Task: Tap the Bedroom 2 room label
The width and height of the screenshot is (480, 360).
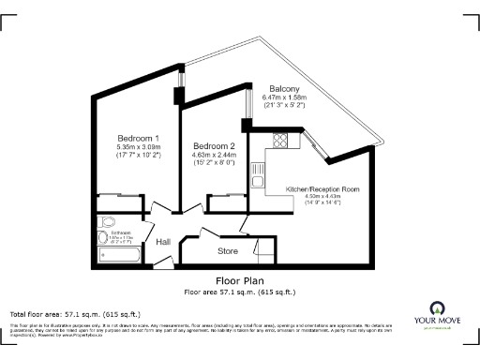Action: (x=213, y=146)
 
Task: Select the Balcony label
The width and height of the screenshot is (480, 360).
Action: (x=285, y=88)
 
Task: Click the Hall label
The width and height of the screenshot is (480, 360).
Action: (x=162, y=242)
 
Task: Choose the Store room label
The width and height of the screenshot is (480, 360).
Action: (x=228, y=250)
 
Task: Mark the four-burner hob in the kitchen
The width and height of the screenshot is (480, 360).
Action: (x=279, y=141)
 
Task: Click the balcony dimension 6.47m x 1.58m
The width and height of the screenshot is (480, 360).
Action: (x=284, y=97)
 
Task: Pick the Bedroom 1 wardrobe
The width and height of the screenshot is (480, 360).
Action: (x=121, y=196)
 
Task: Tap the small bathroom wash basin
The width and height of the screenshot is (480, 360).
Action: (x=100, y=238)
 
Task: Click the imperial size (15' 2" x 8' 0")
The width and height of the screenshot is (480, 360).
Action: (x=214, y=163)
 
